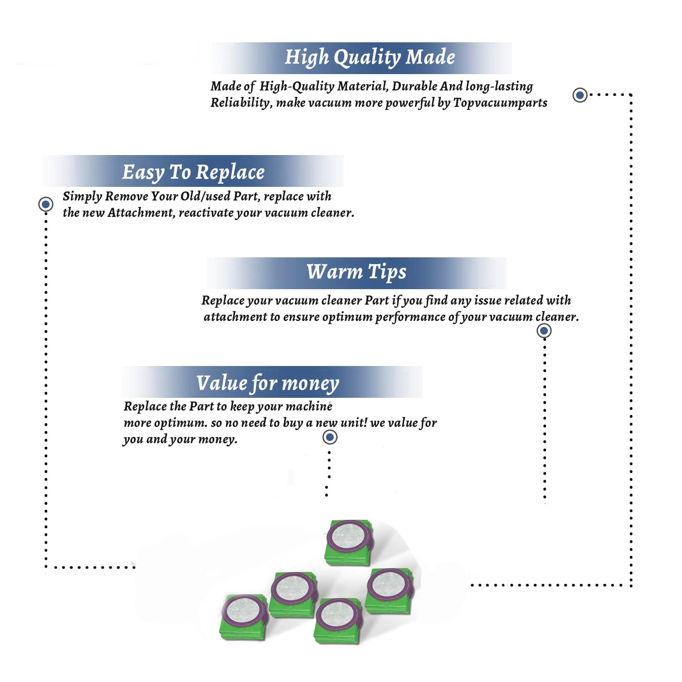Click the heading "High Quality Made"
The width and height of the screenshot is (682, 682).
[370, 58]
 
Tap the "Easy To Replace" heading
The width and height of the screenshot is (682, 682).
[193, 173]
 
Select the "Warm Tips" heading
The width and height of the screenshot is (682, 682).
[356, 272]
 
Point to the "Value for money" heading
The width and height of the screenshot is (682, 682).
[267, 383]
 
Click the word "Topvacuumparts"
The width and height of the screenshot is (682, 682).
[500, 103]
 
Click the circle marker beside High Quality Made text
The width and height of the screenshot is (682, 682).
[580, 95]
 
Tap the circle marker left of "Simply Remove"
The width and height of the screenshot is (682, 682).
[45, 204]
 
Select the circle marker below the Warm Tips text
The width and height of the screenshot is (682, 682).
[544, 331]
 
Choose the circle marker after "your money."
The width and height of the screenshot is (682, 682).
[330, 437]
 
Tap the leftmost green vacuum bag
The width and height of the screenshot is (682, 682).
[244, 617]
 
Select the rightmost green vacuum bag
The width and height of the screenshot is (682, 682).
[390, 591]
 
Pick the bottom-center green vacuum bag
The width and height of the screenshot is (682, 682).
[338, 621]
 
